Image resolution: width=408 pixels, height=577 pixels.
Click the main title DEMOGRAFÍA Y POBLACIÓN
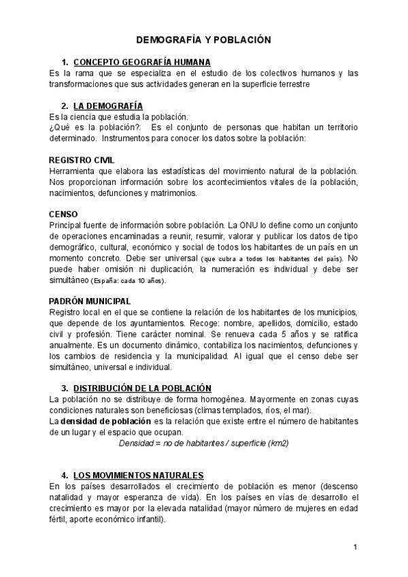coord(203,40)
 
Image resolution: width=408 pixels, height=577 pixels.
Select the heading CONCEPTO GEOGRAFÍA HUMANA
coord(142,62)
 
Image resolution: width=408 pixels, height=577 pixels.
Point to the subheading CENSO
coord(63,213)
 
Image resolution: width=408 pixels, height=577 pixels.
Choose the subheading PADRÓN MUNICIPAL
coord(90,301)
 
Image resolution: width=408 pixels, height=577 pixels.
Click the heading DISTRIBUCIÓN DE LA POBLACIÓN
coord(142,387)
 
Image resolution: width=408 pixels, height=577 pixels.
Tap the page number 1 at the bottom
coord(355,547)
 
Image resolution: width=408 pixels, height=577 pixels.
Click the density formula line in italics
coord(203,442)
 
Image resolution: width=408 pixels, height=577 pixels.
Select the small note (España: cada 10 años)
coord(129,280)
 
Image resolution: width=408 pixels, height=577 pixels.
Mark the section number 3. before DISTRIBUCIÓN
coord(64,387)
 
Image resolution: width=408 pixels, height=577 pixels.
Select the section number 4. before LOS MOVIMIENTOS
coord(64,474)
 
